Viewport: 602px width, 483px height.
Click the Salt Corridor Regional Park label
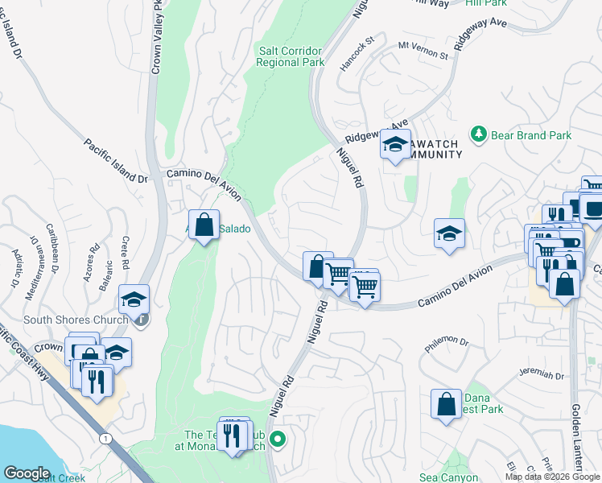coord(291,56)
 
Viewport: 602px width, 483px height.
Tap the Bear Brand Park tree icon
coord(479,133)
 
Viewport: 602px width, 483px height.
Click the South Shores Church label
coord(76,320)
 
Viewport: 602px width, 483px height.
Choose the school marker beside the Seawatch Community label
coord(395,145)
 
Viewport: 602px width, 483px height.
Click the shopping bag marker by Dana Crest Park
coord(446,405)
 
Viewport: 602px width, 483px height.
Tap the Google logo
coord(27,473)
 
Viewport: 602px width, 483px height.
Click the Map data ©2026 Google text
coord(551,477)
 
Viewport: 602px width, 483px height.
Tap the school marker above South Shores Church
coord(133,299)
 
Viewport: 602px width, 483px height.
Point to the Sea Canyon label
coord(448,477)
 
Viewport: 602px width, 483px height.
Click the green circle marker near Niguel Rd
coord(278,439)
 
